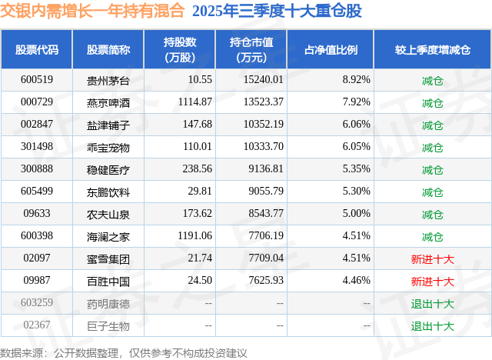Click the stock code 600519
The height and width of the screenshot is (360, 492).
[x=36, y=79]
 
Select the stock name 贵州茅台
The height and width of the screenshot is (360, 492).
[x=108, y=79]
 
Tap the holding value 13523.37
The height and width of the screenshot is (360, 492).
[x=261, y=102]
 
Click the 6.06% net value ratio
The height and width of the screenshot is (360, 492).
[x=357, y=124]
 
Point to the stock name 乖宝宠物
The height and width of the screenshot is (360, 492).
[x=108, y=147]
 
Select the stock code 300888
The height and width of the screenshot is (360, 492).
[x=36, y=169]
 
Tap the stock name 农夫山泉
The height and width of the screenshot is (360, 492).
[x=108, y=214]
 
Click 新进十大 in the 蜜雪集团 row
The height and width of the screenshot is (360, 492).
[x=432, y=259]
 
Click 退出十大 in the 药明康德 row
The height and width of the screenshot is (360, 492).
[x=432, y=304]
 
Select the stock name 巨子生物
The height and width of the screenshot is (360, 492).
[x=108, y=326]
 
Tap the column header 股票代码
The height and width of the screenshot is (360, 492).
[x=37, y=50]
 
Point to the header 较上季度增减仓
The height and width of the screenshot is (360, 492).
[x=432, y=50]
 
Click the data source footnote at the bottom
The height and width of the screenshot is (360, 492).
[x=125, y=352]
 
